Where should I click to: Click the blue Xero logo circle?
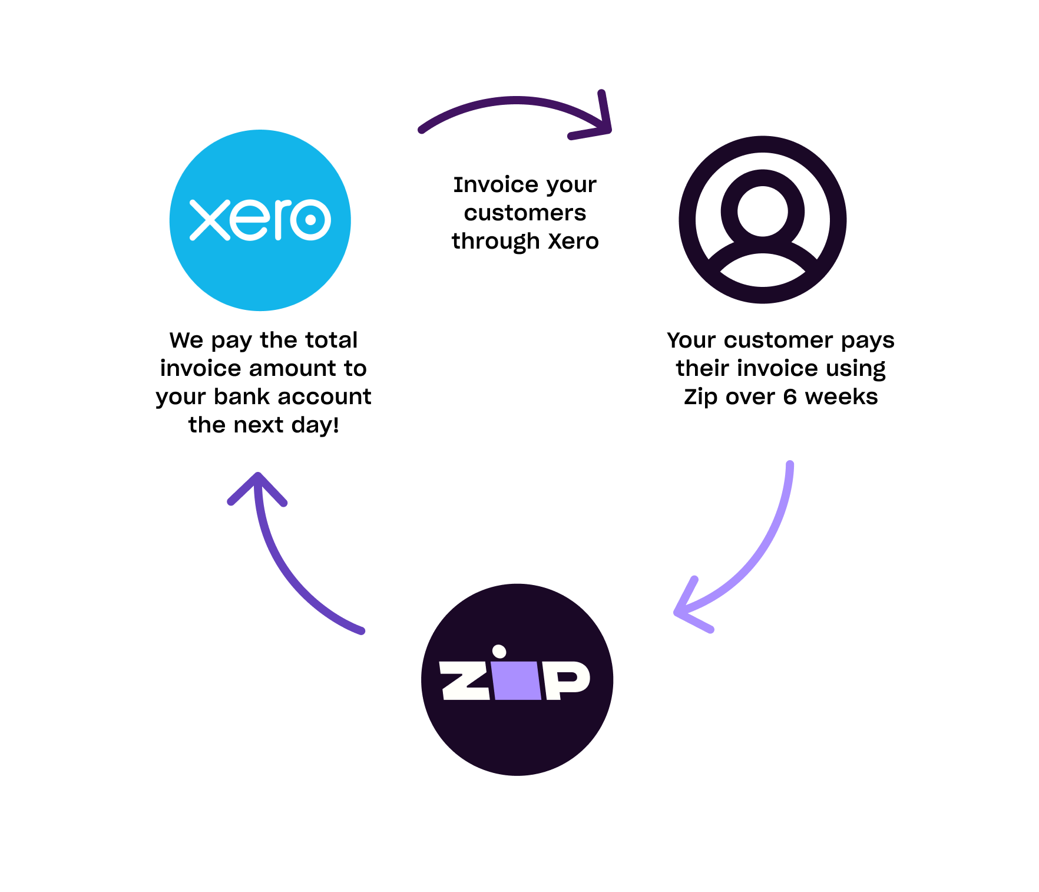[260, 220]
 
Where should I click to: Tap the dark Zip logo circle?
[517, 679]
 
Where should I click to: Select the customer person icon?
[763, 220]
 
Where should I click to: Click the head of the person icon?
[763, 211]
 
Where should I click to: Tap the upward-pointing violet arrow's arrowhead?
[257, 487]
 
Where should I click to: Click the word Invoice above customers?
[496, 184]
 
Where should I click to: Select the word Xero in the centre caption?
[573, 241]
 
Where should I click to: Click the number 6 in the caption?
[790, 397]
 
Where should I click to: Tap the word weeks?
[841, 397]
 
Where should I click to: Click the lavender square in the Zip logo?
[518, 680]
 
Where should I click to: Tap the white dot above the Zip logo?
[499, 652]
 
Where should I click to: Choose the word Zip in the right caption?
[701, 397]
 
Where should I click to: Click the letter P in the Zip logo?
[567, 680]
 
